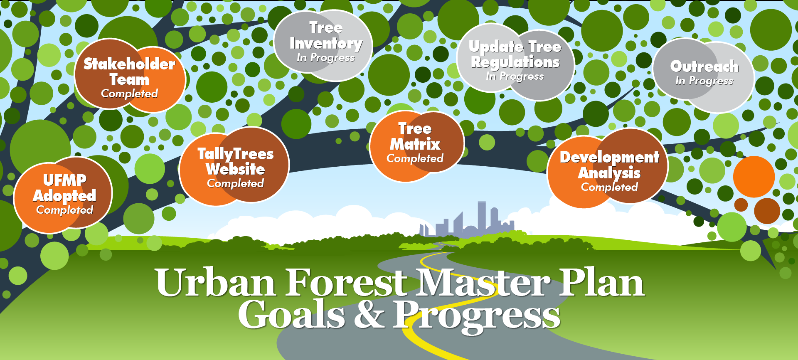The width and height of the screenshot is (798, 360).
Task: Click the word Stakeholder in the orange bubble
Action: click(129, 64)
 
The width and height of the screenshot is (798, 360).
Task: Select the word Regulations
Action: click(515, 63)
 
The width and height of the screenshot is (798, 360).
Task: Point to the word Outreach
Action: click(704, 67)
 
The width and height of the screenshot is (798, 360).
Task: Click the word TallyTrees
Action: click(236, 154)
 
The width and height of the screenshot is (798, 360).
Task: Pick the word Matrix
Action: click(415, 144)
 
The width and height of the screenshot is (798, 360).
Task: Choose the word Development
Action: click(609, 158)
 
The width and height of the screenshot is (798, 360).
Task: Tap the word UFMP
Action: click(65, 180)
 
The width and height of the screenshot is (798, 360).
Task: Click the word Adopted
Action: click(64, 196)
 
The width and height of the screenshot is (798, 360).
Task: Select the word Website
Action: click(235, 169)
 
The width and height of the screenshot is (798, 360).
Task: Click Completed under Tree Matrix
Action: click(415, 158)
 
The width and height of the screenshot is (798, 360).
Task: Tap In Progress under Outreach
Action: click(704, 81)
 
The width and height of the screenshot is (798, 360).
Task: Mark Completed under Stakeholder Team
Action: click(129, 94)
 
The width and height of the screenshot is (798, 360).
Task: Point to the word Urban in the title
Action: click(216, 282)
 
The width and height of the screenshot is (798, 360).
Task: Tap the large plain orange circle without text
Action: click(754, 177)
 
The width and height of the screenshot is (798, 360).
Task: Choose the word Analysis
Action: click(609, 173)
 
